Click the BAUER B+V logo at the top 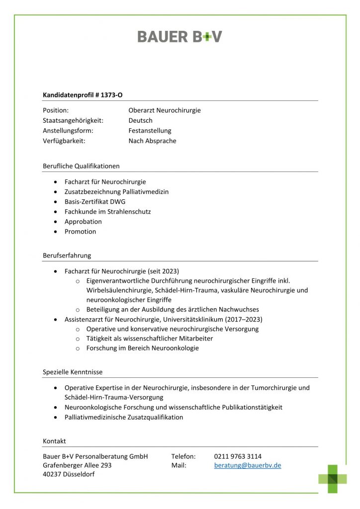coord(180,36)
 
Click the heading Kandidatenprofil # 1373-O coord(83,94)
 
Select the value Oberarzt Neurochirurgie coord(164,110)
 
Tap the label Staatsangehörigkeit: coord(73,121)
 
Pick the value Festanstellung coord(150,131)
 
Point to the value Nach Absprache coord(152,141)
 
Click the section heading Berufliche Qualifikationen coord(81,166)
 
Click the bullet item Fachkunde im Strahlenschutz coord(107,211)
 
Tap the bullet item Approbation coord(83,222)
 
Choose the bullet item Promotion coord(80,232)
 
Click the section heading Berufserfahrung coord(67,255)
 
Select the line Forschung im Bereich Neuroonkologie coord(142,348)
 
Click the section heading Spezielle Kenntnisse coord(73,372)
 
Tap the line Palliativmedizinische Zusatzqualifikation coord(123,418)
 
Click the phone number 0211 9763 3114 coord(238,456)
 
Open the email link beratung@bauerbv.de coord(248,466)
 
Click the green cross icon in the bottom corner coord(333,479)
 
